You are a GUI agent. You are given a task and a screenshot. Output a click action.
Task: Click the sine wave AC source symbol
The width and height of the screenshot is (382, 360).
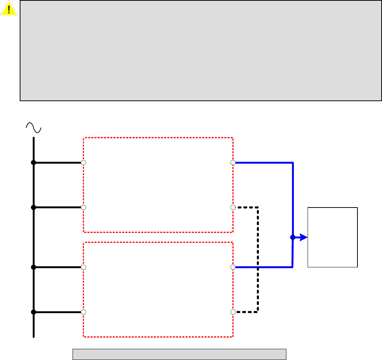(x=33, y=128)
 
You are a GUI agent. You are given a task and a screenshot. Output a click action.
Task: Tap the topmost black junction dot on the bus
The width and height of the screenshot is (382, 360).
(x=33, y=163)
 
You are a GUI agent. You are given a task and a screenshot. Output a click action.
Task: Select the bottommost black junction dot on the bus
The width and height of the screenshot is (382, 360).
(x=33, y=312)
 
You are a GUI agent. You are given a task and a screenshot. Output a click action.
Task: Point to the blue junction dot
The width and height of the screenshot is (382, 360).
(x=293, y=237)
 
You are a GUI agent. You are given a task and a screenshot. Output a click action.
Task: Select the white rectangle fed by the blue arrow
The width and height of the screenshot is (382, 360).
(x=333, y=237)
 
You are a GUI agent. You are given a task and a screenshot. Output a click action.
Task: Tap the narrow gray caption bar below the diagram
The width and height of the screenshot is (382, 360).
(x=179, y=354)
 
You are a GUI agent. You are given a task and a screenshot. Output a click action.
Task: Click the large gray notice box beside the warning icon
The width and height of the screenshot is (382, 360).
(x=201, y=51)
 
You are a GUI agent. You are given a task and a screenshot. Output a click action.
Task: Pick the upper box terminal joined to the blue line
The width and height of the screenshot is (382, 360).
(x=233, y=163)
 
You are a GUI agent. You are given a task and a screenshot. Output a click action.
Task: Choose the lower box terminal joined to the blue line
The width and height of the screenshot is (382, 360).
(x=233, y=267)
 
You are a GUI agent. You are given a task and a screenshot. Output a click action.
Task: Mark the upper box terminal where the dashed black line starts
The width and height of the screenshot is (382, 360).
(x=233, y=207)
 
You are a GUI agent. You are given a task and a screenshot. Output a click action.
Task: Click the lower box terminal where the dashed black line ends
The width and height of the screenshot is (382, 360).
(x=233, y=312)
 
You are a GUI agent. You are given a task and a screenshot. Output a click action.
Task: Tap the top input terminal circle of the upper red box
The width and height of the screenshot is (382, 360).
(x=83, y=163)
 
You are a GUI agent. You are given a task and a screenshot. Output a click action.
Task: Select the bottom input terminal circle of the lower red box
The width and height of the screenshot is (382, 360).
(x=83, y=312)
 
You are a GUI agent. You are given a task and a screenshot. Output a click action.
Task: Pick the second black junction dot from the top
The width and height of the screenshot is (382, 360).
(x=33, y=207)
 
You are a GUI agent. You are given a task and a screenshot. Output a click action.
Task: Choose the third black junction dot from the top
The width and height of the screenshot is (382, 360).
(x=33, y=267)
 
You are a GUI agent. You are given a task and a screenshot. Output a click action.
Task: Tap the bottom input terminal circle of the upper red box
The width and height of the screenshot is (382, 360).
(x=83, y=207)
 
